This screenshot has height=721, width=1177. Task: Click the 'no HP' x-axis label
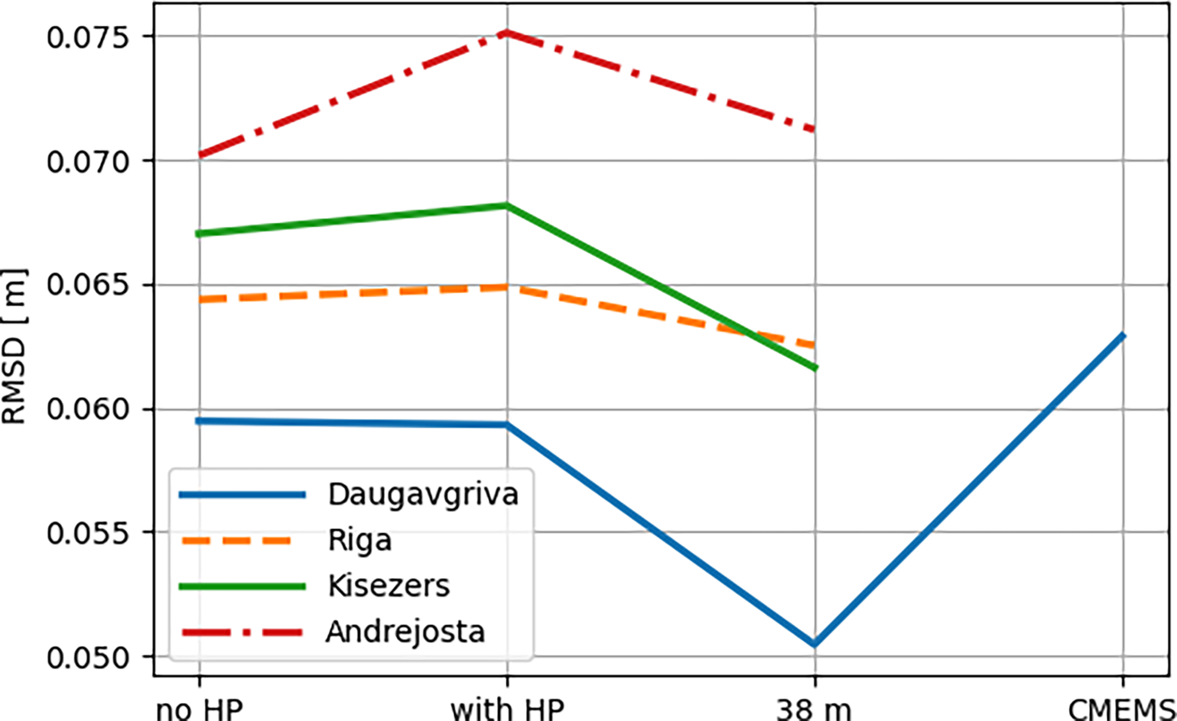tap(199, 709)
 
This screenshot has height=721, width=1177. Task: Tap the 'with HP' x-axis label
tap(508, 709)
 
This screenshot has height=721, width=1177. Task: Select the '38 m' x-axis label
tap(814, 709)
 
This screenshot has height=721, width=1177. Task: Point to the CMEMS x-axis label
tap(1121, 709)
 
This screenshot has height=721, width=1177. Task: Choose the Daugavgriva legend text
tap(423, 494)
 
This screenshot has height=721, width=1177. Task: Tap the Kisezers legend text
tap(389, 586)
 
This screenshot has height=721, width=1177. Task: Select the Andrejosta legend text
tap(405, 632)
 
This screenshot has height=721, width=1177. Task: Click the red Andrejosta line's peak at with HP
tap(508, 32)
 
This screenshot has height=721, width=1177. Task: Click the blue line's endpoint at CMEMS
tap(1122, 336)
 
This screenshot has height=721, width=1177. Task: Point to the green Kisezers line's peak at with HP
tap(508, 205)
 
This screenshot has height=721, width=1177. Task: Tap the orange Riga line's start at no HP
tap(200, 300)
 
